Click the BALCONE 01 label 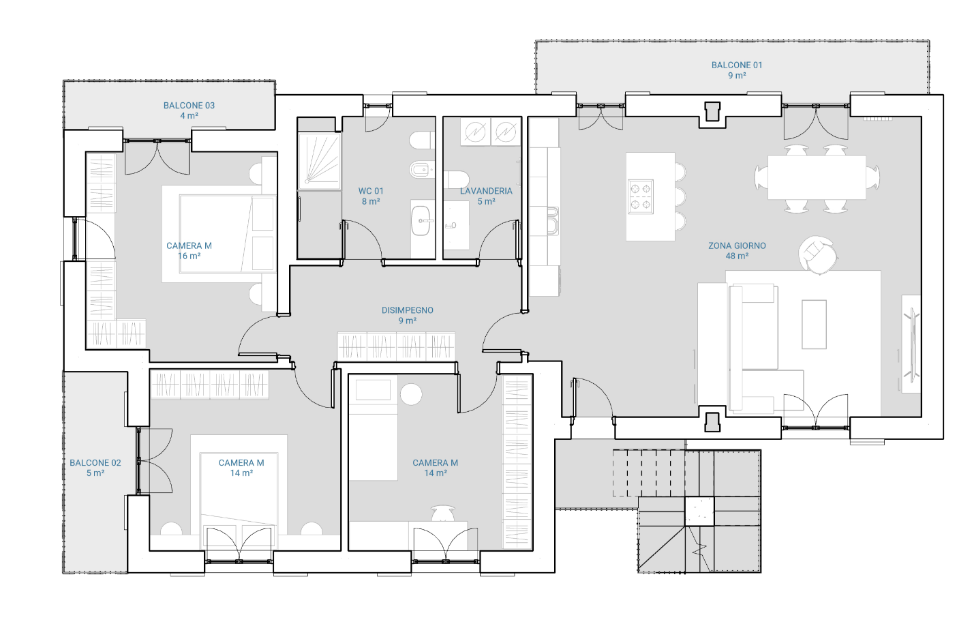(737, 65)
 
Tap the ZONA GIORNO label (737, 245)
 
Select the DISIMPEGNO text (407, 310)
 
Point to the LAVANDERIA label (486, 191)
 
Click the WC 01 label (371, 191)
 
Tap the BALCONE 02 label (95, 463)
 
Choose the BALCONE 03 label (189, 106)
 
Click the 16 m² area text (189, 256)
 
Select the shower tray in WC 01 (320, 161)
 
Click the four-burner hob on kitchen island (641, 196)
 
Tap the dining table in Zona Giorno (817, 177)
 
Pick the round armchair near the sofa (817, 254)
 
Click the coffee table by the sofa (814, 325)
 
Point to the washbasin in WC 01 (421, 221)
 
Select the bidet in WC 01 (422, 171)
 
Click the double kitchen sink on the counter (553, 221)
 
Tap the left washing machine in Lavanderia (475, 131)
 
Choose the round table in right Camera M (411, 394)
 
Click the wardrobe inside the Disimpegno (396, 346)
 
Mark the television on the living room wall (911, 344)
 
